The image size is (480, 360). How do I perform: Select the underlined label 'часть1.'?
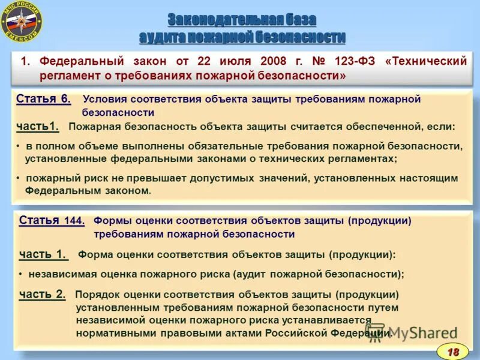[38, 126]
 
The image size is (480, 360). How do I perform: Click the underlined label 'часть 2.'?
[42, 294]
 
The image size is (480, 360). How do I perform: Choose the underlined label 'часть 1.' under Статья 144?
[43, 254]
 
